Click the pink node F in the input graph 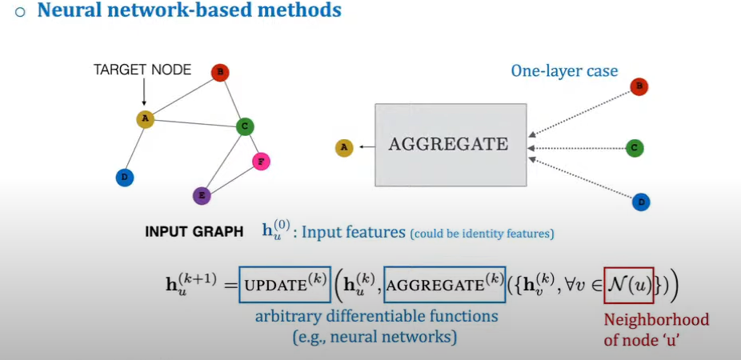(261, 162)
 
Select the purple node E (202, 195)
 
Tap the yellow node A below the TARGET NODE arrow (145, 119)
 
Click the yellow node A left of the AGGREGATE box (344, 147)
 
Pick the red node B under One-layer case (639, 87)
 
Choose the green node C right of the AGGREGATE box (635, 148)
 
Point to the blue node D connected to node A (123, 178)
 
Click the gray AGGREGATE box (451, 145)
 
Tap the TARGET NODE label (142, 70)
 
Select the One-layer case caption (564, 71)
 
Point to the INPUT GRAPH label (194, 232)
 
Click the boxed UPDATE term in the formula (284, 284)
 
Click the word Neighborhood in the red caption (657, 320)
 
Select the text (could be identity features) (482, 234)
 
